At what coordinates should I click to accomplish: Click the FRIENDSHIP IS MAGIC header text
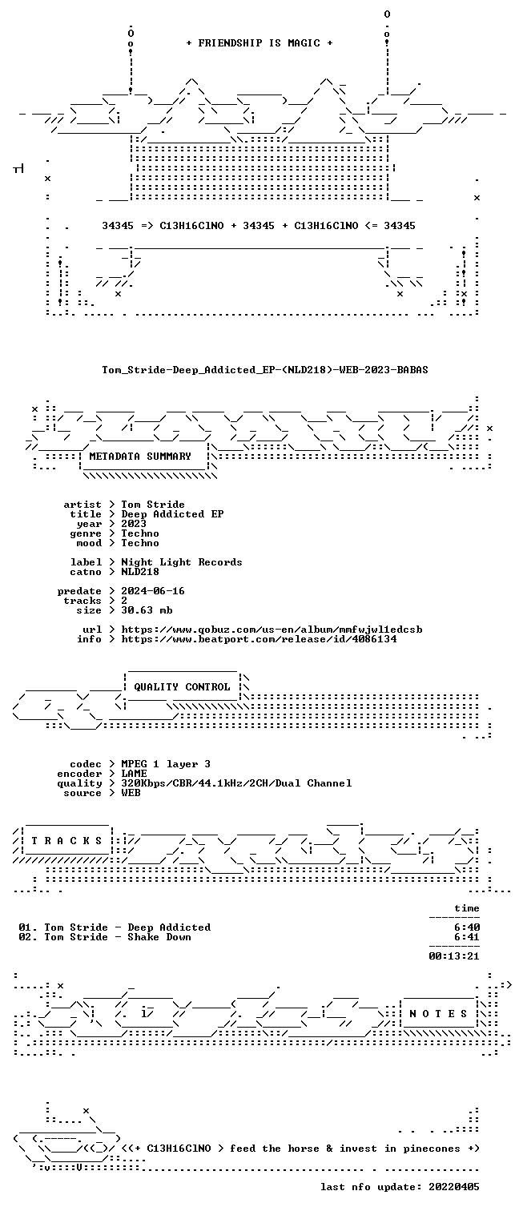point(259,43)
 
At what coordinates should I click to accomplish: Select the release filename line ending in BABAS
point(265,370)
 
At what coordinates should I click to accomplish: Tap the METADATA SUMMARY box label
point(140,457)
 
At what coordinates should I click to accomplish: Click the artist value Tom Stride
point(152,505)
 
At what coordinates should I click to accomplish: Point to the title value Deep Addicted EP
point(172,514)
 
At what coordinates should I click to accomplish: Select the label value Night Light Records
point(181,562)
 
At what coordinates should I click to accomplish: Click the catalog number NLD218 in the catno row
point(140,572)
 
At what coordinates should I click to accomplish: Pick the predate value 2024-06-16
point(152,591)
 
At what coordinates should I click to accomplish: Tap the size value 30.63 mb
point(147,610)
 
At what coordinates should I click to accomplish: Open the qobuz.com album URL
point(272,630)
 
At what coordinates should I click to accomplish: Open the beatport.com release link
point(259,639)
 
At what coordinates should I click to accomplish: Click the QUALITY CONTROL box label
point(182,687)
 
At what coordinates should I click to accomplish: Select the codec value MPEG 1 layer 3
point(166,764)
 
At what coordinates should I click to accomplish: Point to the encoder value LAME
point(134,774)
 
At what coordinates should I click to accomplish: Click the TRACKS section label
point(66,841)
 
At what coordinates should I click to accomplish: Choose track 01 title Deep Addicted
point(169,927)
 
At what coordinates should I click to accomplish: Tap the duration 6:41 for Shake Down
point(467,937)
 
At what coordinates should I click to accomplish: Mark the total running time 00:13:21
point(454,956)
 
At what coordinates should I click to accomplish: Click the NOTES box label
point(438,1014)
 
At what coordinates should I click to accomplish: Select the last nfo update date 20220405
point(454,1187)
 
